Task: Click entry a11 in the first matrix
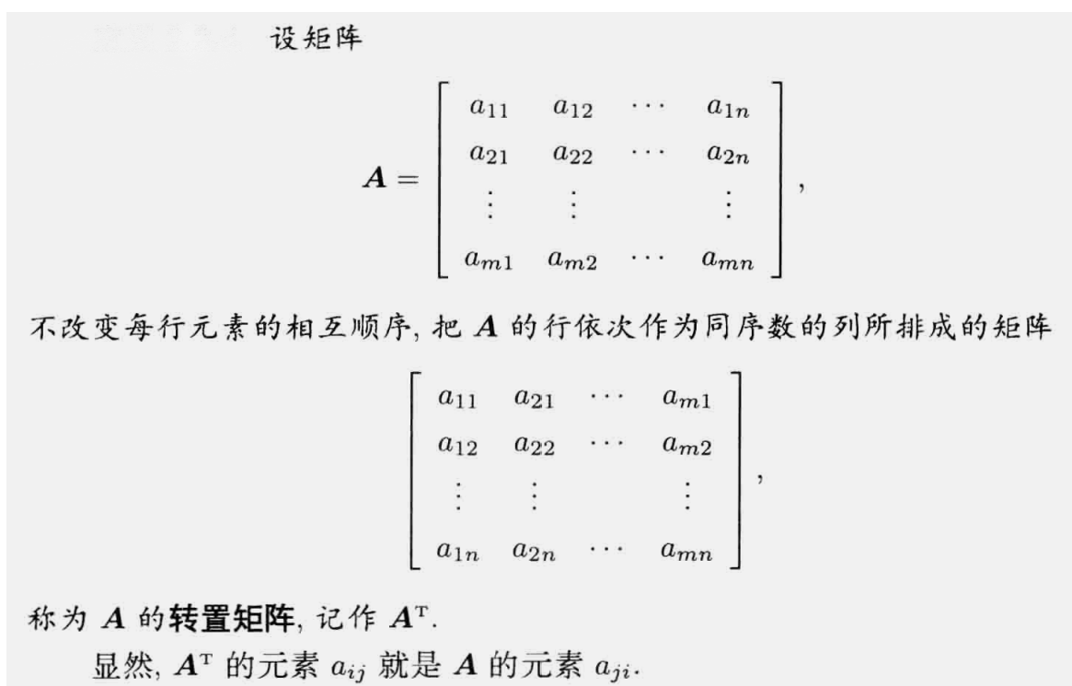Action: tap(488, 110)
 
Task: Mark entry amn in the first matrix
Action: tap(727, 262)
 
